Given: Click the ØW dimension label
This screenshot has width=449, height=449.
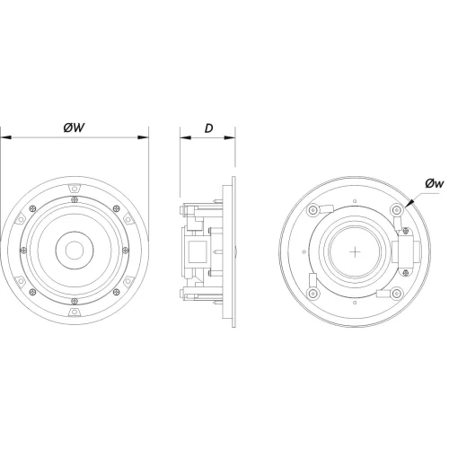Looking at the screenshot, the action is (x=74, y=128).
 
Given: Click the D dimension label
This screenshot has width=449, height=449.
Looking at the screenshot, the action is (x=208, y=128).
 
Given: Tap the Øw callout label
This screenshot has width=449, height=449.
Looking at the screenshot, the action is (x=435, y=183).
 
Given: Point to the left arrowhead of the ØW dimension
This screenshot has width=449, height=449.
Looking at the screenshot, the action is (x=6, y=137).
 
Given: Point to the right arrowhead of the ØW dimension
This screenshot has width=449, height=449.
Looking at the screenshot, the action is (x=143, y=137).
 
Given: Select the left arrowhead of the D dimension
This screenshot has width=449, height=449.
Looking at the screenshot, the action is (x=186, y=137).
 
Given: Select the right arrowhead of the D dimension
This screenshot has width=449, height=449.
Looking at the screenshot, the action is (x=230, y=137).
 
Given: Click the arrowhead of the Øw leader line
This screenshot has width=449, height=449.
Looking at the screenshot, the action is (x=409, y=203).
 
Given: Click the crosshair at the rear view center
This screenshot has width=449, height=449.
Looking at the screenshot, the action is (x=355, y=252).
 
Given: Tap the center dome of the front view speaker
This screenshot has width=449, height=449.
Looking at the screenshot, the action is (x=75, y=250).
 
